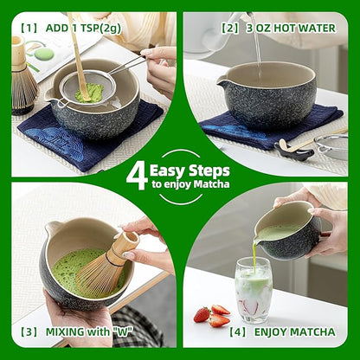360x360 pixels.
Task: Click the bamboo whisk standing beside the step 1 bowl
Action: pos(22,78)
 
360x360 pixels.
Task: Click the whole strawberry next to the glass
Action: pos(202,313)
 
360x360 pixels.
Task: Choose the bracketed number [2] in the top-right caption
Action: pos(229,27)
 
